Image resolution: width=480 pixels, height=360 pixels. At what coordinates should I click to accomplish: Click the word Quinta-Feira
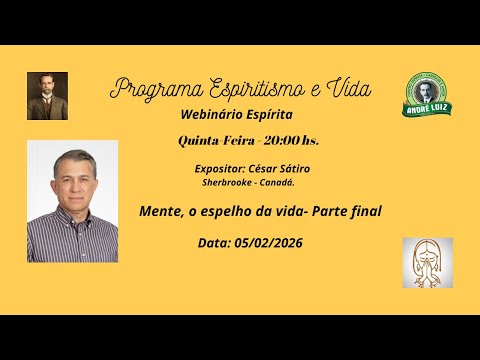[x=212, y=141]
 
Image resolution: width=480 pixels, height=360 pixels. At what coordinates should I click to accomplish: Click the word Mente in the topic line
[x=161, y=212]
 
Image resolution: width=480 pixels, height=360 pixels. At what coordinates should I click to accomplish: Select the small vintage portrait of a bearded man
[x=47, y=96]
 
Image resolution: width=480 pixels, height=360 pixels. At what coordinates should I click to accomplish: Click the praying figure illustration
[x=427, y=262]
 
